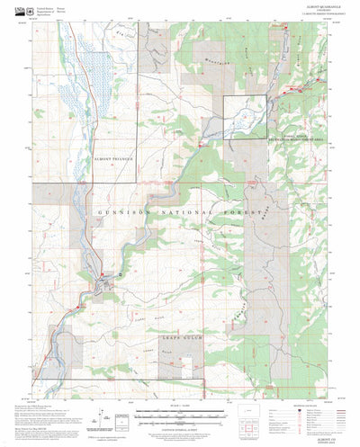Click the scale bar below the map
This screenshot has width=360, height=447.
[x=180, y=389]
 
